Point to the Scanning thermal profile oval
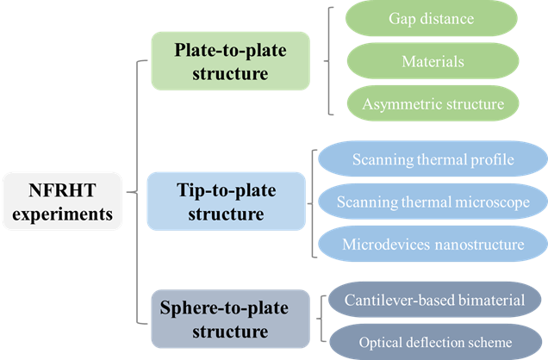pos(434,160)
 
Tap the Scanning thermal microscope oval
pos(434,202)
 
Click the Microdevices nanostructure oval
pos(434,244)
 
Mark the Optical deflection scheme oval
pos(434,340)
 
